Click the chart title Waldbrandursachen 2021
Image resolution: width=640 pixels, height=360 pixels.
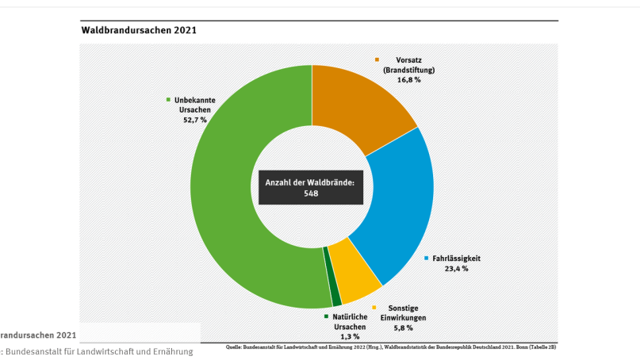[139, 30]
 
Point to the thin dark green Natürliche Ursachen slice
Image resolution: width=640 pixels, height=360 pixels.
[335, 298]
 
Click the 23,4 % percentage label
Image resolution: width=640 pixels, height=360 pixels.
[455, 269]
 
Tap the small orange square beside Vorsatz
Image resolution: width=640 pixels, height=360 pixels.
[377, 59]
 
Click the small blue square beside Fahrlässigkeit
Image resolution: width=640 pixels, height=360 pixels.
[427, 259]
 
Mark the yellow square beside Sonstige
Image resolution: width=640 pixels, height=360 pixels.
[374, 308]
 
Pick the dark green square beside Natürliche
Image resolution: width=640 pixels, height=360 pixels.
[326, 317]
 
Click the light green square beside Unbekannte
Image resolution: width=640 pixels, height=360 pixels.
[168, 100]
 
